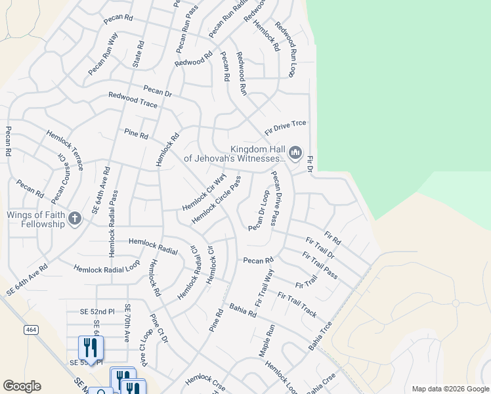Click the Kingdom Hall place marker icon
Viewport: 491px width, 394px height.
pyautogui.click(x=295, y=154)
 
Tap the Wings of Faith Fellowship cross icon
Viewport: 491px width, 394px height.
pyautogui.click(x=75, y=219)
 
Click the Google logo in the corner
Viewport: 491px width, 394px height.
pyautogui.click(x=22, y=385)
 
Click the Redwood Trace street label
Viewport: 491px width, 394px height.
pyautogui.click(x=133, y=100)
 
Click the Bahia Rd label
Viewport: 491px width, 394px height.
pyautogui.click(x=243, y=310)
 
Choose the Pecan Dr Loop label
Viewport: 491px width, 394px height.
pyautogui.click(x=260, y=210)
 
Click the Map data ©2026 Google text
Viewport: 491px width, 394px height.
pyautogui.click(x=450, y=389)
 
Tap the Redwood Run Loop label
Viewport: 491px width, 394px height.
pyautogui.click(x=286, y=49)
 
